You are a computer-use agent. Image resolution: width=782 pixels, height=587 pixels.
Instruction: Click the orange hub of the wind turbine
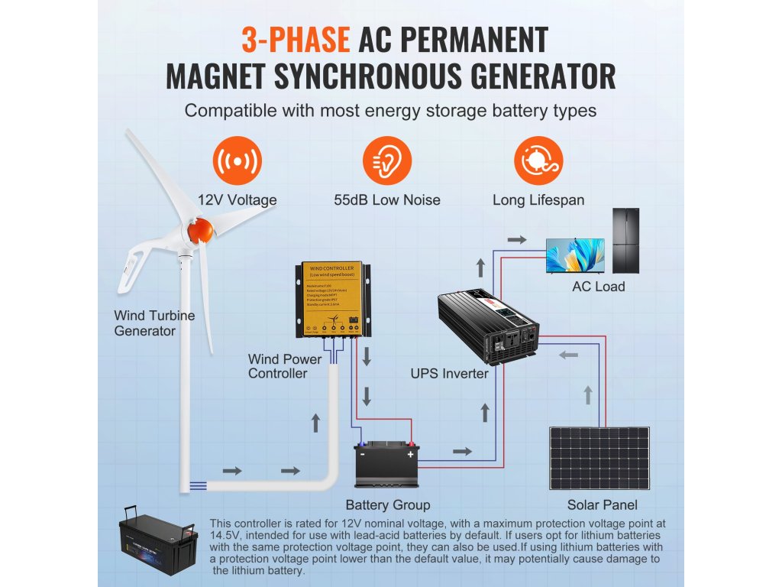click(200, 230)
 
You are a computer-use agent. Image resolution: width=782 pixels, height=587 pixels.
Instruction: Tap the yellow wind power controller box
click(334, 300)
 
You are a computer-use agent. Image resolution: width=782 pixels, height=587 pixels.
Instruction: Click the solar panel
click(599, 458)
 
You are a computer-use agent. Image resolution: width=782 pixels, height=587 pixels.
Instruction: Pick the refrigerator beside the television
click(625, 241)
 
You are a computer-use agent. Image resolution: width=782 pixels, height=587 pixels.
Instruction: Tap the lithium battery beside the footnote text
click(157, 544)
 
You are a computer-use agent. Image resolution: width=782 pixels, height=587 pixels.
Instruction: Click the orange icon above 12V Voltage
click(237, 161)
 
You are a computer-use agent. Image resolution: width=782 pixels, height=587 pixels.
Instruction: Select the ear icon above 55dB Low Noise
click(386, 161)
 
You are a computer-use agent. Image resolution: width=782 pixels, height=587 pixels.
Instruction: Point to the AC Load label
click(599, 287)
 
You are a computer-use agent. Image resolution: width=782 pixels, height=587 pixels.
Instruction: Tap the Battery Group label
click(387, 505)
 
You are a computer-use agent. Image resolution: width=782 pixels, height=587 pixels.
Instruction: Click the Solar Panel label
click(602, 505)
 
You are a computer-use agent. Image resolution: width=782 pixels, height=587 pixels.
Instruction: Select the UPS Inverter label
click(450, 374)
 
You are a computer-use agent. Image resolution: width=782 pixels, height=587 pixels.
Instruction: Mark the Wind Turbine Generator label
click(154, 323)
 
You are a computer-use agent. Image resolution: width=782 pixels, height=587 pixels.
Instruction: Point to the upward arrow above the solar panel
click(587, 395)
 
